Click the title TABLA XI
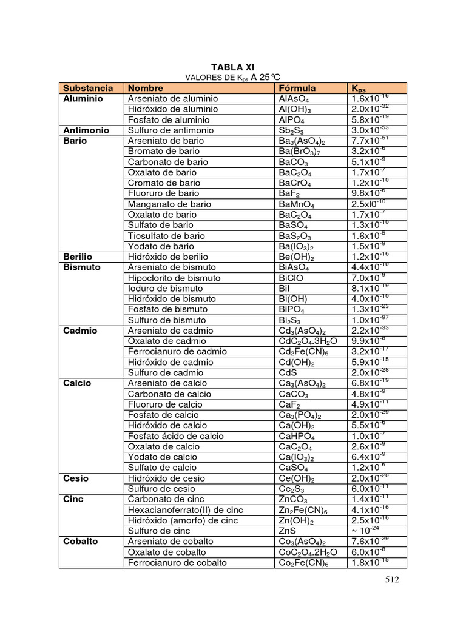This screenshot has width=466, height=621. click(233, 67)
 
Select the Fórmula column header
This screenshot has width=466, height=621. click(297, 88)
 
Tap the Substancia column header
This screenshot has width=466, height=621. click(88, 88)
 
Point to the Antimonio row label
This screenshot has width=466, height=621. click(86, 130)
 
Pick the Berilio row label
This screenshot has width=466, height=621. click(78, 257)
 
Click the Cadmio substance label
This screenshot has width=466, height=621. click(80, 331)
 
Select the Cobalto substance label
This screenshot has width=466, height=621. click(82, 542)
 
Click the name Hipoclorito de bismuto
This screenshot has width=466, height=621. click(174, 278)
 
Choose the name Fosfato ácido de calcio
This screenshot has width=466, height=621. click(175, 436)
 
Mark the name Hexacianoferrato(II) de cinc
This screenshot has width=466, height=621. click(185, 510)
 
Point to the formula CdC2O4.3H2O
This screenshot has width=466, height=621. click(308, 341)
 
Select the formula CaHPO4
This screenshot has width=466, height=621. click(296, 436)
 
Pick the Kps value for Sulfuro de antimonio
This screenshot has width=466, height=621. click(370, 130)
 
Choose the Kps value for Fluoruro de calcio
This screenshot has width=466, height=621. click(370, 404)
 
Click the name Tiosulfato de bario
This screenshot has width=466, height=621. click(166, 236)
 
